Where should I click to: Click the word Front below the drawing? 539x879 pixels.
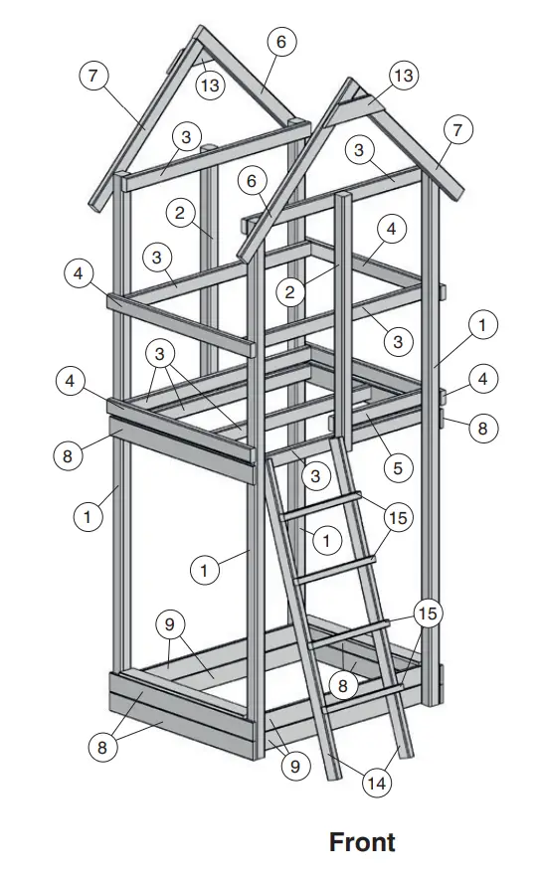tap(362, 842)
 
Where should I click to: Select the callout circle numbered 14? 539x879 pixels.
tap(376, 784)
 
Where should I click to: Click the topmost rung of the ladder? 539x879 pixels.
tap(321, 504)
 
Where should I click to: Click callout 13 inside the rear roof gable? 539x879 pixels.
tap(209, 86)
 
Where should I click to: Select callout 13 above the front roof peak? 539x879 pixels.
tap(402, 76)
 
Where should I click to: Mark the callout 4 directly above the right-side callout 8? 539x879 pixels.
tap(481, 379)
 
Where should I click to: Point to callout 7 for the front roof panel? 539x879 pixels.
tap(456, 130)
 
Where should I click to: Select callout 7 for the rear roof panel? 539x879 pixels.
tap(93, 77)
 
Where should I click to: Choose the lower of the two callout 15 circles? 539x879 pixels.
tap(428, 614)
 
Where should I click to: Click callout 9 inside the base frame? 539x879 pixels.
tap(170, 625)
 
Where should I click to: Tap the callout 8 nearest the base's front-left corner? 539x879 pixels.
tap(101, 748)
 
